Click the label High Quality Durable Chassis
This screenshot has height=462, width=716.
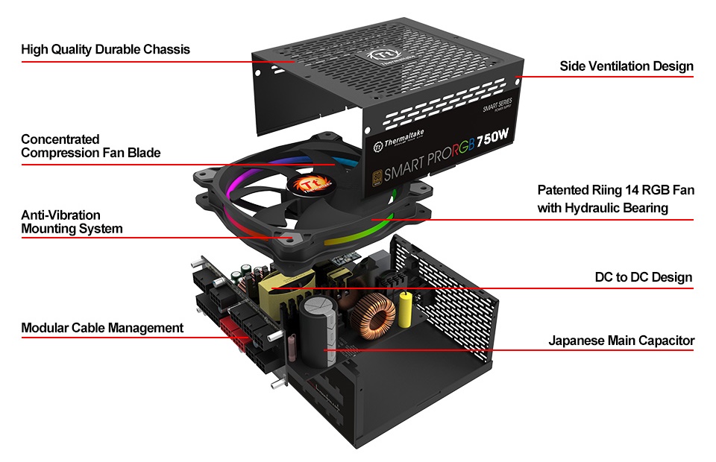click(x=105, y=50)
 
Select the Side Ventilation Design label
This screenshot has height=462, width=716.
click(x=626, y=66)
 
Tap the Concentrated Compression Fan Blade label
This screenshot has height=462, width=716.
click(x=90, y=146)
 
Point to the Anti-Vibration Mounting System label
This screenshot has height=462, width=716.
click(x=72, y=222)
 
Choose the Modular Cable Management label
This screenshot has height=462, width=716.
click(x=102, y=328)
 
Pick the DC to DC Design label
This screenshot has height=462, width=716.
click(x=643, y=278)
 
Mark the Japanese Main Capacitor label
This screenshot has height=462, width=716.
click(x=621, y=341)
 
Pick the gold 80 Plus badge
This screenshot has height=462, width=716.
click(x=378, y=179)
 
